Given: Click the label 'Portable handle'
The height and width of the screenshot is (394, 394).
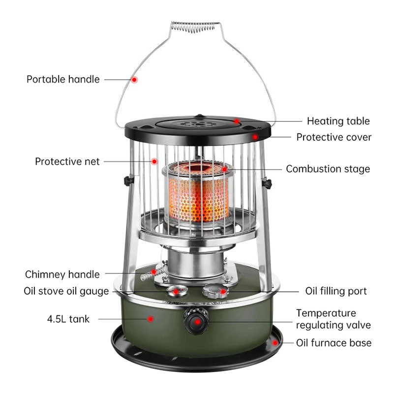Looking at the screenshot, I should [x=63, y=79].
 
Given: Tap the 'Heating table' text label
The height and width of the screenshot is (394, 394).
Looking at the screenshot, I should [x=338, y=121].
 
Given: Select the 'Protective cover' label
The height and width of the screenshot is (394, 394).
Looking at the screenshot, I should [x=333, y=137].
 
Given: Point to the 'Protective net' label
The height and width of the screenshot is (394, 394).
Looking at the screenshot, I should [x=67, y=161].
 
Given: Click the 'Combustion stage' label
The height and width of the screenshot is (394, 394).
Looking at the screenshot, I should [x=328, y=169].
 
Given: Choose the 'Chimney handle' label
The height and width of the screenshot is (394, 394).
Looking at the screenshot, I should [x=62, y=274].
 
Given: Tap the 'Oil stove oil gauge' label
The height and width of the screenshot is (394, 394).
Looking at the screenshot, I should [x=66, y=291].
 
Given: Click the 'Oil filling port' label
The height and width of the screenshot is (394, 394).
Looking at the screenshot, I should [x=336, y=291].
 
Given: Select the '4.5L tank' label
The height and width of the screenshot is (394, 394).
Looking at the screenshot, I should [x=68, y=319].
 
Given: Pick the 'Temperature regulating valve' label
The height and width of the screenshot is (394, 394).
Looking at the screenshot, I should [x=333, y=319].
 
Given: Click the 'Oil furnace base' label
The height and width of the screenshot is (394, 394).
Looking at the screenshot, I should [x=333, y=342].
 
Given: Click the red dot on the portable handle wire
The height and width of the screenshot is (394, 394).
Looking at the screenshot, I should [x=134, y=79].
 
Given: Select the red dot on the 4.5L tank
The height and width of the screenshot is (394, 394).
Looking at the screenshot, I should [x=151, y=319].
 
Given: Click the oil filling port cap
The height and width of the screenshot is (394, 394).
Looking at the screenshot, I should [x=216, y=291].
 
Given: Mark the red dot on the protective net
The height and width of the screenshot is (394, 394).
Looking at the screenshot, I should [x=154, y=161].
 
